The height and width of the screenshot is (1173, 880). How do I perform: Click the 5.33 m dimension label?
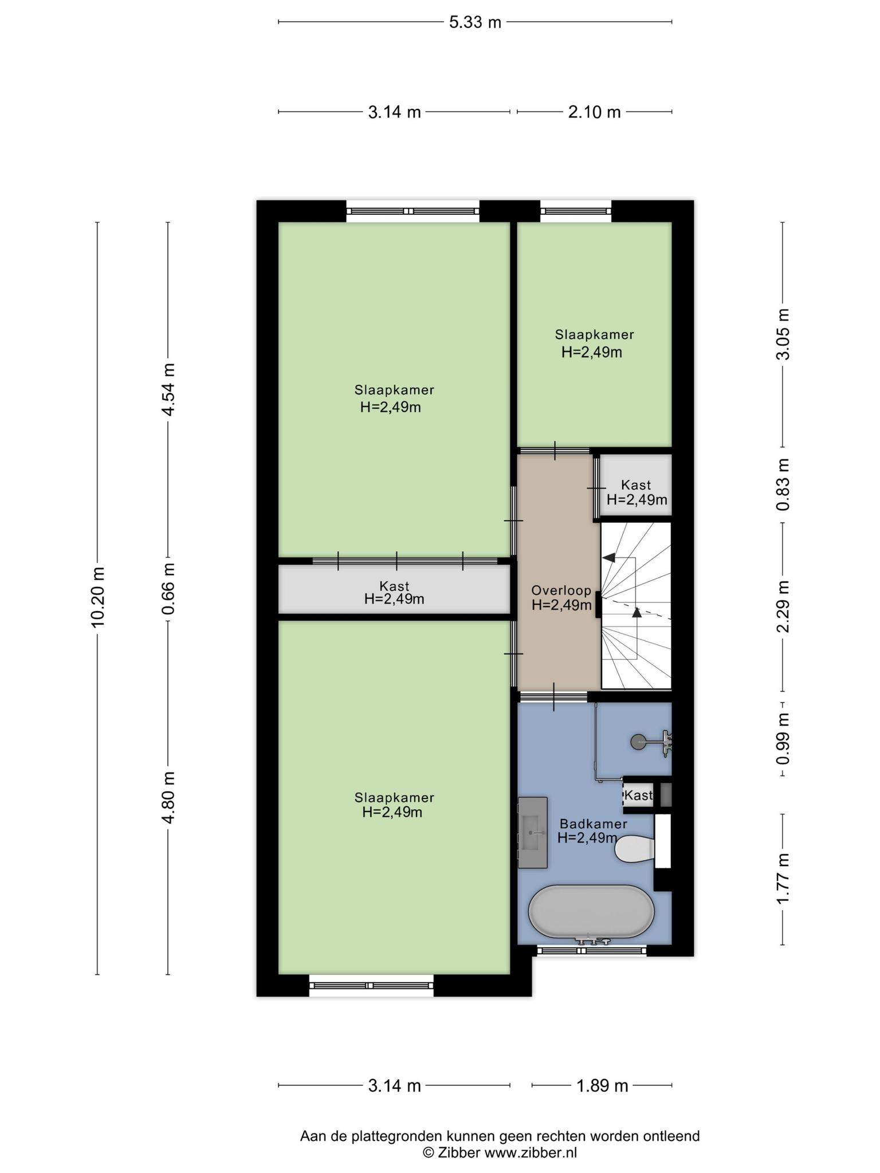coord(475,22)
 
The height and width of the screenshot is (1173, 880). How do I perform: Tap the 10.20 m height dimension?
coord(98,597)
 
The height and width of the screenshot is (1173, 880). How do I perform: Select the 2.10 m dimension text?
coord(594,112)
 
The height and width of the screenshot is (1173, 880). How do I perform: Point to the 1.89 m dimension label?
coord(602,1086)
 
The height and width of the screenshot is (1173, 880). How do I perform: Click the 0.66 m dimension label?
coord(168,589)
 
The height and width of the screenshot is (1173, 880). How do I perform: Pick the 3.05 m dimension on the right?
coord(783,334)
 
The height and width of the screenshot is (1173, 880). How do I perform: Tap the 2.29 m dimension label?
coord(783,606)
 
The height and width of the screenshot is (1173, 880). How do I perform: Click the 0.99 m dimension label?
coord(783,739)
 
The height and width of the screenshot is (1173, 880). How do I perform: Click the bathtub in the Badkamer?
coord(591,912)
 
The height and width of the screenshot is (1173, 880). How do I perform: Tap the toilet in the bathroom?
coord(635,848)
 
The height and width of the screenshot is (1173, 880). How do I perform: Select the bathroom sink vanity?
coord(533,832)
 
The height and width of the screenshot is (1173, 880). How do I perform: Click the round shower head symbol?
coord(637,742)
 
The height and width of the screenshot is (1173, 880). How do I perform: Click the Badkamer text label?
coord(594,824)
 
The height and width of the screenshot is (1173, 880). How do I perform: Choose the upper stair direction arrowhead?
coord(608,557)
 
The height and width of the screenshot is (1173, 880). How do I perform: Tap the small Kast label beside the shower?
coord(638,796)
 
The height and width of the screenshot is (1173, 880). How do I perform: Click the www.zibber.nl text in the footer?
coord(531,1152)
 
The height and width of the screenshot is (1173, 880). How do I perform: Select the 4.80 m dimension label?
coord(168,797)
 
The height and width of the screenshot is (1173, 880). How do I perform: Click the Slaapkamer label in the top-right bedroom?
coord(594,334)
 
